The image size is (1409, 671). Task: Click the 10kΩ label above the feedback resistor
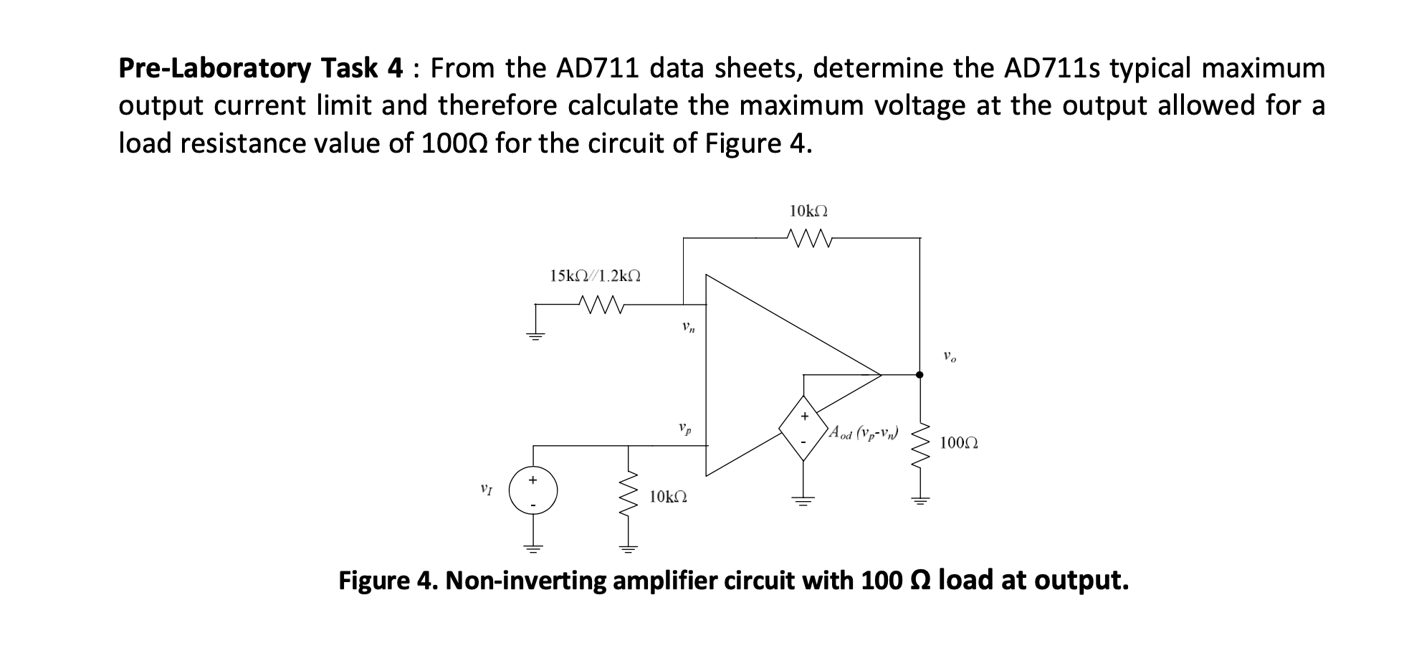click(808, 211)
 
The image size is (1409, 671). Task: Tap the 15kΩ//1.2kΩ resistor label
click(595, 275)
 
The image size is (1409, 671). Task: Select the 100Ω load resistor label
click(958, 443)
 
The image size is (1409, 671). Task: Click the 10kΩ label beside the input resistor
click(668, 496)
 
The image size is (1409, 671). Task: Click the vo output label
click(949, 356)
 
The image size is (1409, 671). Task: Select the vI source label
click(487, 490)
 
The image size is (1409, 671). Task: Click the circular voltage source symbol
click(532, 491)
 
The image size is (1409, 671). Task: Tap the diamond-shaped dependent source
click(803, 428)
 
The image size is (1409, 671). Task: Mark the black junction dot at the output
click(920, 374)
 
